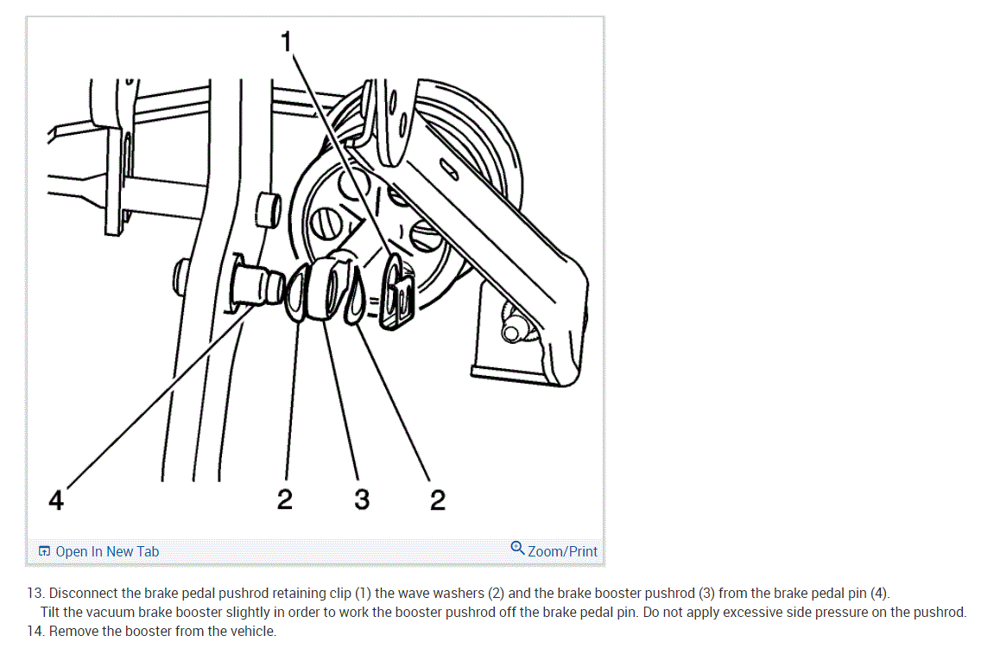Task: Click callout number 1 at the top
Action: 286,42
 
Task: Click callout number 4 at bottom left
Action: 55,500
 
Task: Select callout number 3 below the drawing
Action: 362,499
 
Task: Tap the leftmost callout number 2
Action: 285,499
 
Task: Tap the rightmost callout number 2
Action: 437,499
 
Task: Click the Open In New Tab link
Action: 107,551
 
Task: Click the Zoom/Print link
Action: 562,551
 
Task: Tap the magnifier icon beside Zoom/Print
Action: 517,548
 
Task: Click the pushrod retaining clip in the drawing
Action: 397,292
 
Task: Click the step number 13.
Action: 35,593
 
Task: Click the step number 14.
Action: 35,631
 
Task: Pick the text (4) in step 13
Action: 880,593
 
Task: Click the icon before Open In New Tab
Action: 44,551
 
